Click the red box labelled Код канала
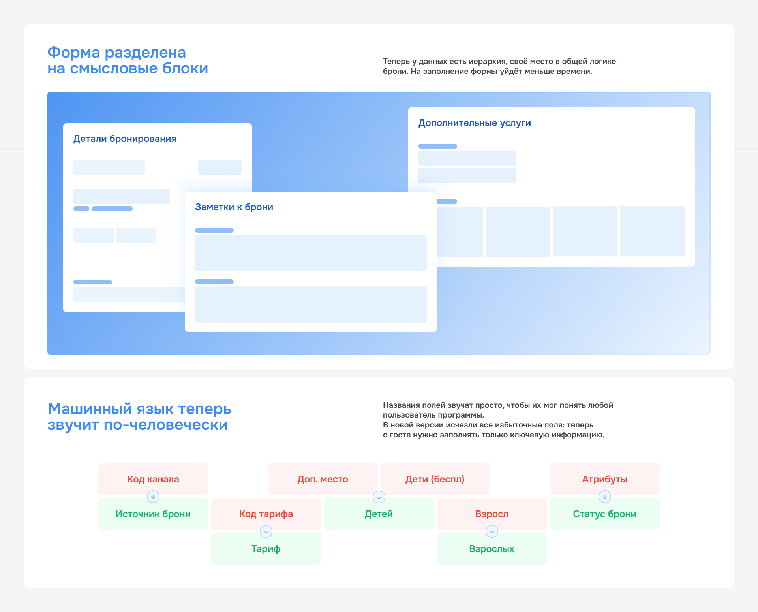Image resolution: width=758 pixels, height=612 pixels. [x=153, y=479]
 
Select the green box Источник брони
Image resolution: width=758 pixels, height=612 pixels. [x=153, y=514]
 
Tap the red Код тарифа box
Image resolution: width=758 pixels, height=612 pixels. [x=266, y=514]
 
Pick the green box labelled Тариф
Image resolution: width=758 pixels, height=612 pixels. [x=266, y=548]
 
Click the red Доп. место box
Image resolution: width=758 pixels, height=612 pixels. [x=323, y=479]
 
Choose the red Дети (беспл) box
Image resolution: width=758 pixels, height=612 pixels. [x=435, y=479]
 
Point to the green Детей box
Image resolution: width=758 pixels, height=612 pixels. [x=379, y=514]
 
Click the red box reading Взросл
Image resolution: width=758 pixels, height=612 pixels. [x=492, y=514]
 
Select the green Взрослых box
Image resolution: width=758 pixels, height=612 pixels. [x=492, y=548]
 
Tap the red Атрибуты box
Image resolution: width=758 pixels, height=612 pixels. [x=605, y=479]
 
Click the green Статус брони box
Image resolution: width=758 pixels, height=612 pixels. [x=605, y=514]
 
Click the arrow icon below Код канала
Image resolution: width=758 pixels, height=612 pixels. [x=153, y=497]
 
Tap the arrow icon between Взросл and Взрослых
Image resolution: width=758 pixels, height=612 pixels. [x=492, y=531]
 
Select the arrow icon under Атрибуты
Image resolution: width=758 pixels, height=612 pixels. [x=605, y=497]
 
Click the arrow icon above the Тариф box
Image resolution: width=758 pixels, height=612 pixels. [x=266, y=531]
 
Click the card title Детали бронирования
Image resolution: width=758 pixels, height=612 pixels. [x=125, y=139]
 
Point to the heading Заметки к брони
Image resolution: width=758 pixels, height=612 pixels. [x=234, y=207]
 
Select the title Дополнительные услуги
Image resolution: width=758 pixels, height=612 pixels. [x=475, y=123]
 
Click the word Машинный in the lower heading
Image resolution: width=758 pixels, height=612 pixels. [x=90, y=409]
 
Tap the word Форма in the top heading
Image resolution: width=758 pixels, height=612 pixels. [x=74, y=53]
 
